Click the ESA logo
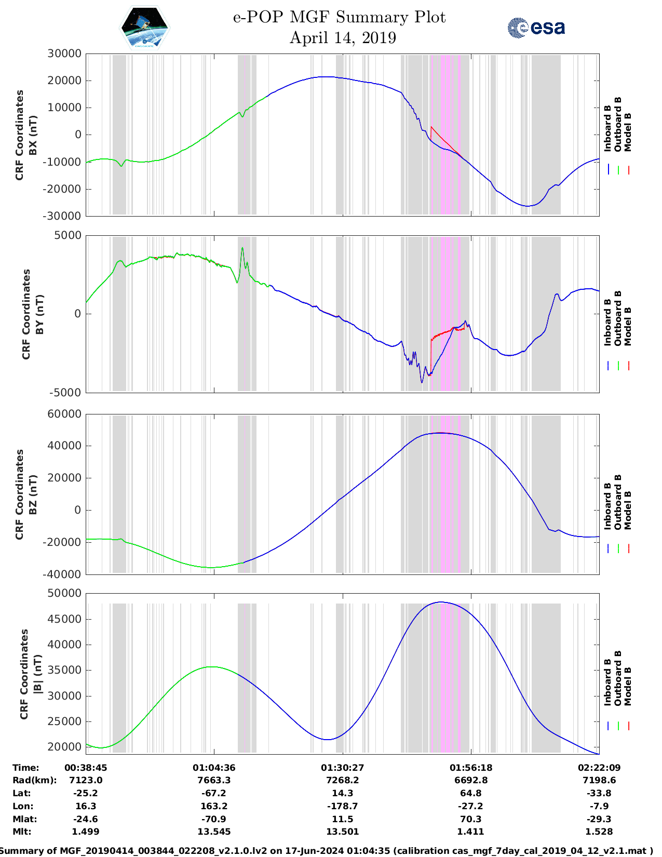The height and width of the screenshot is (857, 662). click(x=536, y=28)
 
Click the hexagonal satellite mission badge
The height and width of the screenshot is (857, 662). click(x=145, y=28)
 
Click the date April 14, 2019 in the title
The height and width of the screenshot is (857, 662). click(x=343, y=38)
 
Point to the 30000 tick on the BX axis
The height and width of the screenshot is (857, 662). click(x=64, y=53)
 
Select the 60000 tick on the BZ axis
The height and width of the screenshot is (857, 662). click(x=64, y=414)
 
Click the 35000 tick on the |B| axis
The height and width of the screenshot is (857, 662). click(x=64, y=670)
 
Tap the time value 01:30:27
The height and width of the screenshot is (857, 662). click(x=343, y=768)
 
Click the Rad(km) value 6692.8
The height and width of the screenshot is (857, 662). click(x=470, y=780)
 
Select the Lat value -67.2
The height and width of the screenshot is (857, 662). click(x=214, y=793)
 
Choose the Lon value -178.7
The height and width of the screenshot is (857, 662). click(x=343, y=806)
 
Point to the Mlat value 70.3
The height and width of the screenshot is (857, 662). click(x=470, y=819)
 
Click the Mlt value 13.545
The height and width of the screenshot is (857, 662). click(x=214, y=832)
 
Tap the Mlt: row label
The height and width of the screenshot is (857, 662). click(x=22, y=832)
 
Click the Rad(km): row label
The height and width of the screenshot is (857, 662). click(x=34, y=780)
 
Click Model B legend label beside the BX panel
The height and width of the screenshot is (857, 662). click(x=628, y=132)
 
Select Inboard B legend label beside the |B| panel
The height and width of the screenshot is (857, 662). click(x=607, y=682)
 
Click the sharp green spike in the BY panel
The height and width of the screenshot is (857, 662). click(x=242, y=249)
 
